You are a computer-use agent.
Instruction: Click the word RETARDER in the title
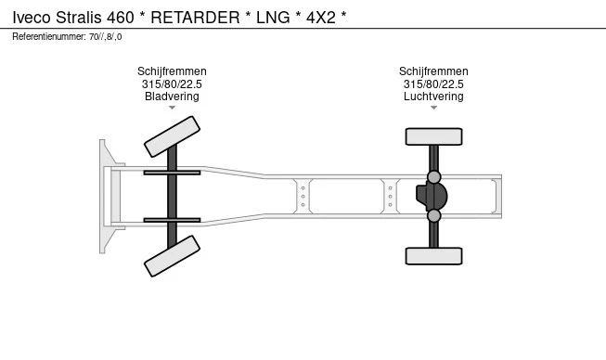tap(195, 18)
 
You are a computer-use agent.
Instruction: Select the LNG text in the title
tap(273, 18)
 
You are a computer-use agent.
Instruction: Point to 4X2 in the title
tap(321, 18)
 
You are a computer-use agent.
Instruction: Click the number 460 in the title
tap(121, 18)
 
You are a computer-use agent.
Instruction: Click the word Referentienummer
tap(49, 37)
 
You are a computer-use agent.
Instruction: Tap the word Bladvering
tap(172, 96)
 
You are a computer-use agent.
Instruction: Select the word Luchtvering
tap(433, 96)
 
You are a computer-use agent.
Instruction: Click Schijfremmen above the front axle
tap(172, 71)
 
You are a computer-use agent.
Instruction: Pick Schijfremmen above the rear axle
tap(433, 71)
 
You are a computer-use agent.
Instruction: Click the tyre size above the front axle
tap(172, 84)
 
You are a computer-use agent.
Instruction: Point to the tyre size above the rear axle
tap(433, 84)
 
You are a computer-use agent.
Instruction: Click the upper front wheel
tap(172, 136)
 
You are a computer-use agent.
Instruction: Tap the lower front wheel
tap(172, 256)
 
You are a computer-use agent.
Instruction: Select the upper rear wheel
tap(433, 136)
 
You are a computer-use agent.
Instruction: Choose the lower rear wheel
tap(433, 256)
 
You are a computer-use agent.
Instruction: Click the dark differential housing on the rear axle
tap(432, 196)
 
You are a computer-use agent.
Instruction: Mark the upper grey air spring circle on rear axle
tap(434, 177)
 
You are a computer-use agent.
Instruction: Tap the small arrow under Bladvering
tap(172, 108)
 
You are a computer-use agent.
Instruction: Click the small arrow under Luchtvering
tap(433, 108)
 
